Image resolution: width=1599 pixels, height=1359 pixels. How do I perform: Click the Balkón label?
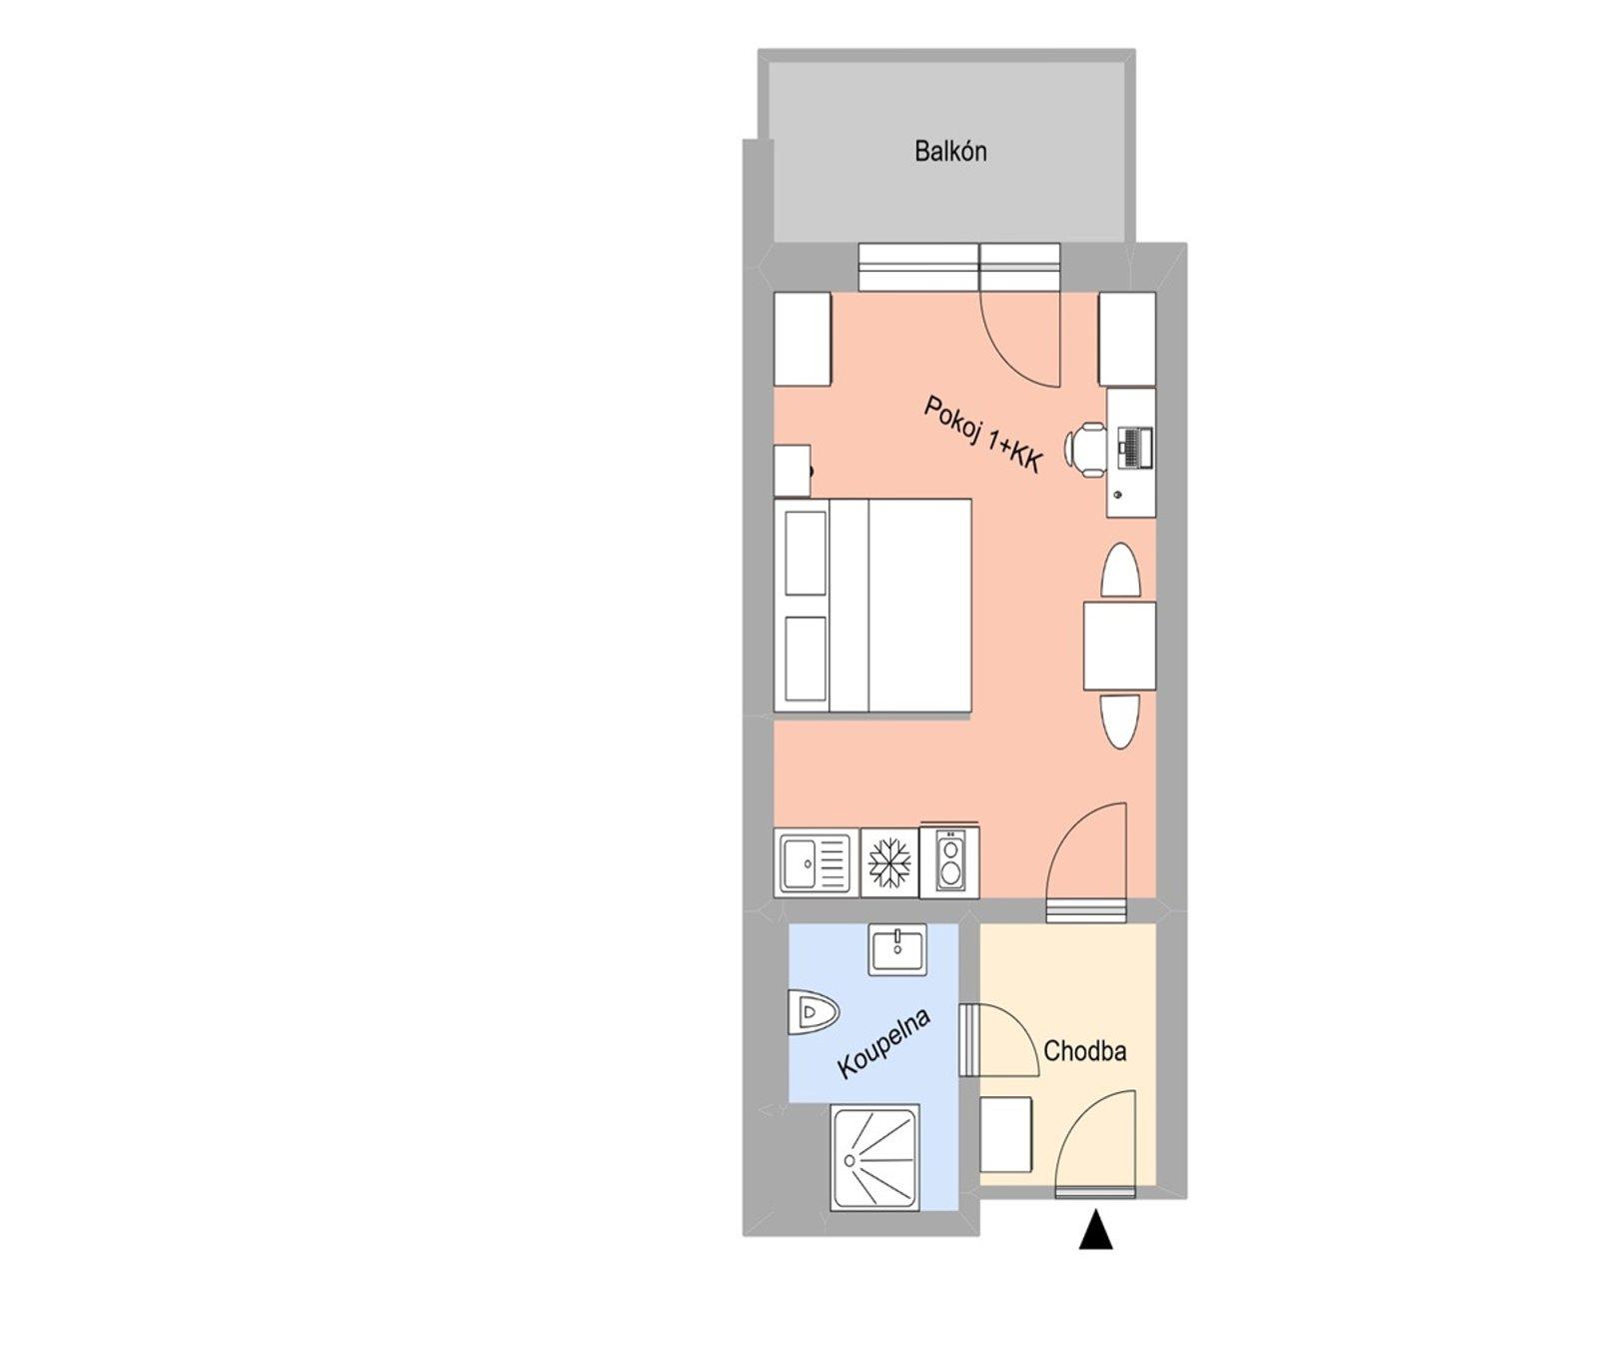[x=950, y=152]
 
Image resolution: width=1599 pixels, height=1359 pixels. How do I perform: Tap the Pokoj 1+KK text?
[x=983, y=435]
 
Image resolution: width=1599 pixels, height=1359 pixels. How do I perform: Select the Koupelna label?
[x=884, y=1043]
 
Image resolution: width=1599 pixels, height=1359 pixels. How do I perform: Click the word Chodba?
[x=1084, y=1051]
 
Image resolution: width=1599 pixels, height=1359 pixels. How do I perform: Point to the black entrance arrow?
[x=1096, y=1230]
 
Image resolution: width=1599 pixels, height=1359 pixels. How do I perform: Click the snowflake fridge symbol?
[x=888, y=862]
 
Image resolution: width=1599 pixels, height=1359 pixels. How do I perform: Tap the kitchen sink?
[x=815, y=862]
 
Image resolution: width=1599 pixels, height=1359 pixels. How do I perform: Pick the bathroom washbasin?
[x=898, y=948]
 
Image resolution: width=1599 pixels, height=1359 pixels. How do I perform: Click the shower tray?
[x=874, y=1158]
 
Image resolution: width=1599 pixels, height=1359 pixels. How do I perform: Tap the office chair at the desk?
[x=1087, y=447]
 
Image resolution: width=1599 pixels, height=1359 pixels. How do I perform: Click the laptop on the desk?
[x=1134, y=447]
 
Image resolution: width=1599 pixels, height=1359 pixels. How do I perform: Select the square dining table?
[x=1120, y=646]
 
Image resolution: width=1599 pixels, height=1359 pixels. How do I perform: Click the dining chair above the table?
[x=1120, y=572]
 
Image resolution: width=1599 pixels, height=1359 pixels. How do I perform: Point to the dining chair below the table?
[x=1119, y=720]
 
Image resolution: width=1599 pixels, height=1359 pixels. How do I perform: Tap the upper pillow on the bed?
[x=805, y=553]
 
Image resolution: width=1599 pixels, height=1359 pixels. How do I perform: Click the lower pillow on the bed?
[x=805, y=659]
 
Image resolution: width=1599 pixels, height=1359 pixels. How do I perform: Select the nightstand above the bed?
[x=793, y=471]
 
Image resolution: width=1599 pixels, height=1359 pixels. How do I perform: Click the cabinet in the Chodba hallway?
[x=1006, y=1134]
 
